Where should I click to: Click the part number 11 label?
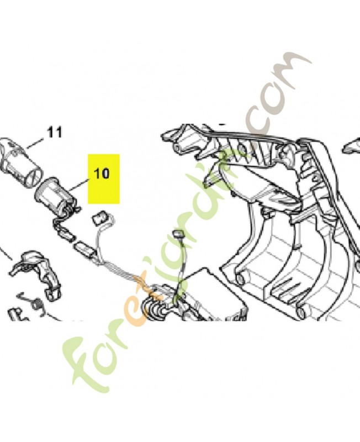point(55,132)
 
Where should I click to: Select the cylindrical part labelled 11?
point(20,158)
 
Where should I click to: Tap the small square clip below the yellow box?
point(100,217)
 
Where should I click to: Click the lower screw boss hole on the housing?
point(301,312)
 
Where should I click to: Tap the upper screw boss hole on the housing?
point(240,278)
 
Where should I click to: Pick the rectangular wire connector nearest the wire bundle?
point(84,250)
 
